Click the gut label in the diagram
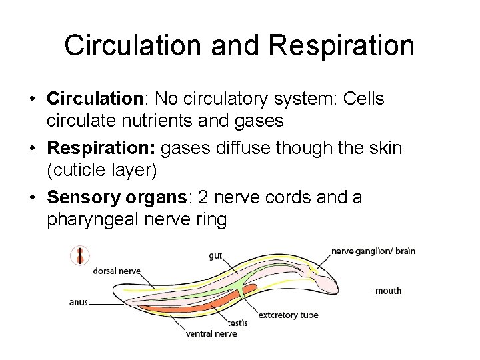tap(215, 255)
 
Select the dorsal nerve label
tap(116, 271)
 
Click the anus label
tap(78, 302)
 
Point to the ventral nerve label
tap(211, 333)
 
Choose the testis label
tap(237, 323)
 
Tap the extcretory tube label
tap(288, 315)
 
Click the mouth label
tap(388, 291)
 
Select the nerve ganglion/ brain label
tap(373, 251)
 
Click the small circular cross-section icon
tap(80, 255)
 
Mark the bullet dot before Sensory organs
tap(32, 198)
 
